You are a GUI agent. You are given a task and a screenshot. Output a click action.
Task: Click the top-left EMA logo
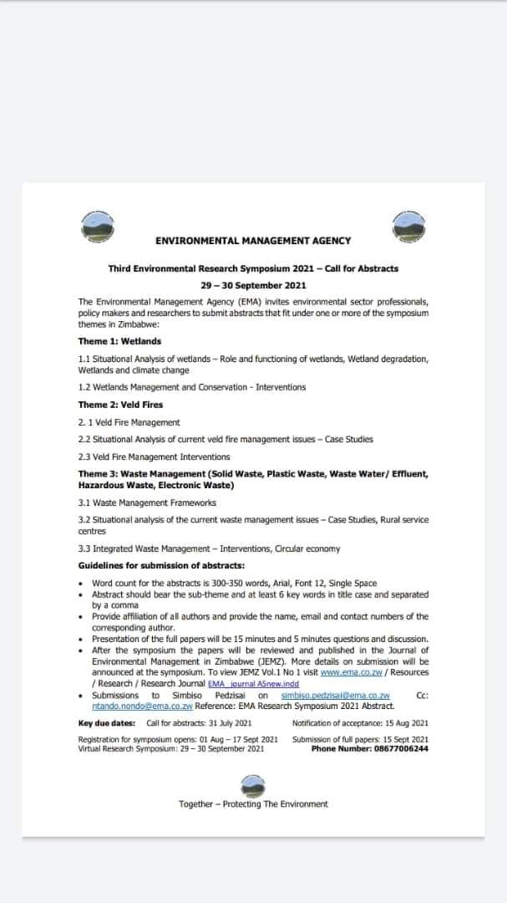tap(99, 224)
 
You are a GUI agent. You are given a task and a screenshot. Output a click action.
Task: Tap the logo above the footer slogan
tap(252, 784)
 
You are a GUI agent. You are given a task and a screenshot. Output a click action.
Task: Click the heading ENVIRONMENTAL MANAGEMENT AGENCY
tap(253, 241)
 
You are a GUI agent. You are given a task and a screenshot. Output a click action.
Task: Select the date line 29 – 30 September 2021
tap(253, 285)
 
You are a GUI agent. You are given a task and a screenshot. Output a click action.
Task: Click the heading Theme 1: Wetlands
tap(119, 341)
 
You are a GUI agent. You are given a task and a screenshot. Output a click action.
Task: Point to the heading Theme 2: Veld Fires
tap(121, 405)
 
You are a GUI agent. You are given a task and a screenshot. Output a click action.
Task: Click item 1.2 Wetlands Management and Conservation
tap(192, 387)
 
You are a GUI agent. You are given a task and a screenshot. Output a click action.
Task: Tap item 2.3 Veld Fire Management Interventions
tap(154, 457)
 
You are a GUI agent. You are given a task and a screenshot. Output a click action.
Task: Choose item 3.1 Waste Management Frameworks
tap(147, 503)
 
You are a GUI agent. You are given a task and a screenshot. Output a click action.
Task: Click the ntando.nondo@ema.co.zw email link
tap(136, 705)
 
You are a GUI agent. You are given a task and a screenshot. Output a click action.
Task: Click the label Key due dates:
tap(107, 722)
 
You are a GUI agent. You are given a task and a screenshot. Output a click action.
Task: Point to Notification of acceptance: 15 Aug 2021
tap(360, 722)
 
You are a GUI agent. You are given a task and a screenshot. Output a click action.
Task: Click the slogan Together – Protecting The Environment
tap(253, 804)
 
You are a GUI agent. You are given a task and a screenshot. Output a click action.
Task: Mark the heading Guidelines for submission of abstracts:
tap(150, 566)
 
